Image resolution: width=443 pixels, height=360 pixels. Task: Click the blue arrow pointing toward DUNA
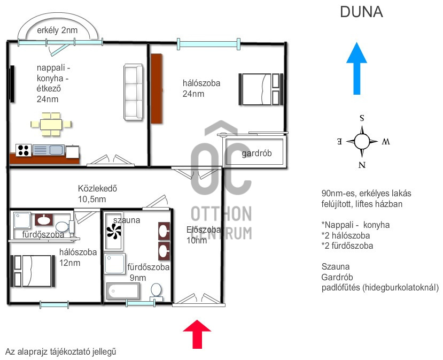[356, 69]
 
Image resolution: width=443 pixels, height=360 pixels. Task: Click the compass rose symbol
[362, 142]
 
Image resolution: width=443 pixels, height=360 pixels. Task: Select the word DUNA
[361, 12]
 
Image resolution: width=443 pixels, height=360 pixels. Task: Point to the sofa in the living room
[134, 91]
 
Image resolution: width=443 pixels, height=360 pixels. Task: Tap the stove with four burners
[24, 150]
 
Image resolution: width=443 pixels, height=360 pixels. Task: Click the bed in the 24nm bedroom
[260, 89]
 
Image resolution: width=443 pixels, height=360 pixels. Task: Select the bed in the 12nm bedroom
[33, 271]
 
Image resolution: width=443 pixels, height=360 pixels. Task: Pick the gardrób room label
[257, 154]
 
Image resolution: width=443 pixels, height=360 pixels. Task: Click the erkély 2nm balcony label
[57, 30]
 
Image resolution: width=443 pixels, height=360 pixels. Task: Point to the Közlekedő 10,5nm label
[97, 193]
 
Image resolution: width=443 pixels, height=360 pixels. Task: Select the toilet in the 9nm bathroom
[156, 290]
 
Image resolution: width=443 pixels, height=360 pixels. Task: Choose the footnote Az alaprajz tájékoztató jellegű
[60, 351]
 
